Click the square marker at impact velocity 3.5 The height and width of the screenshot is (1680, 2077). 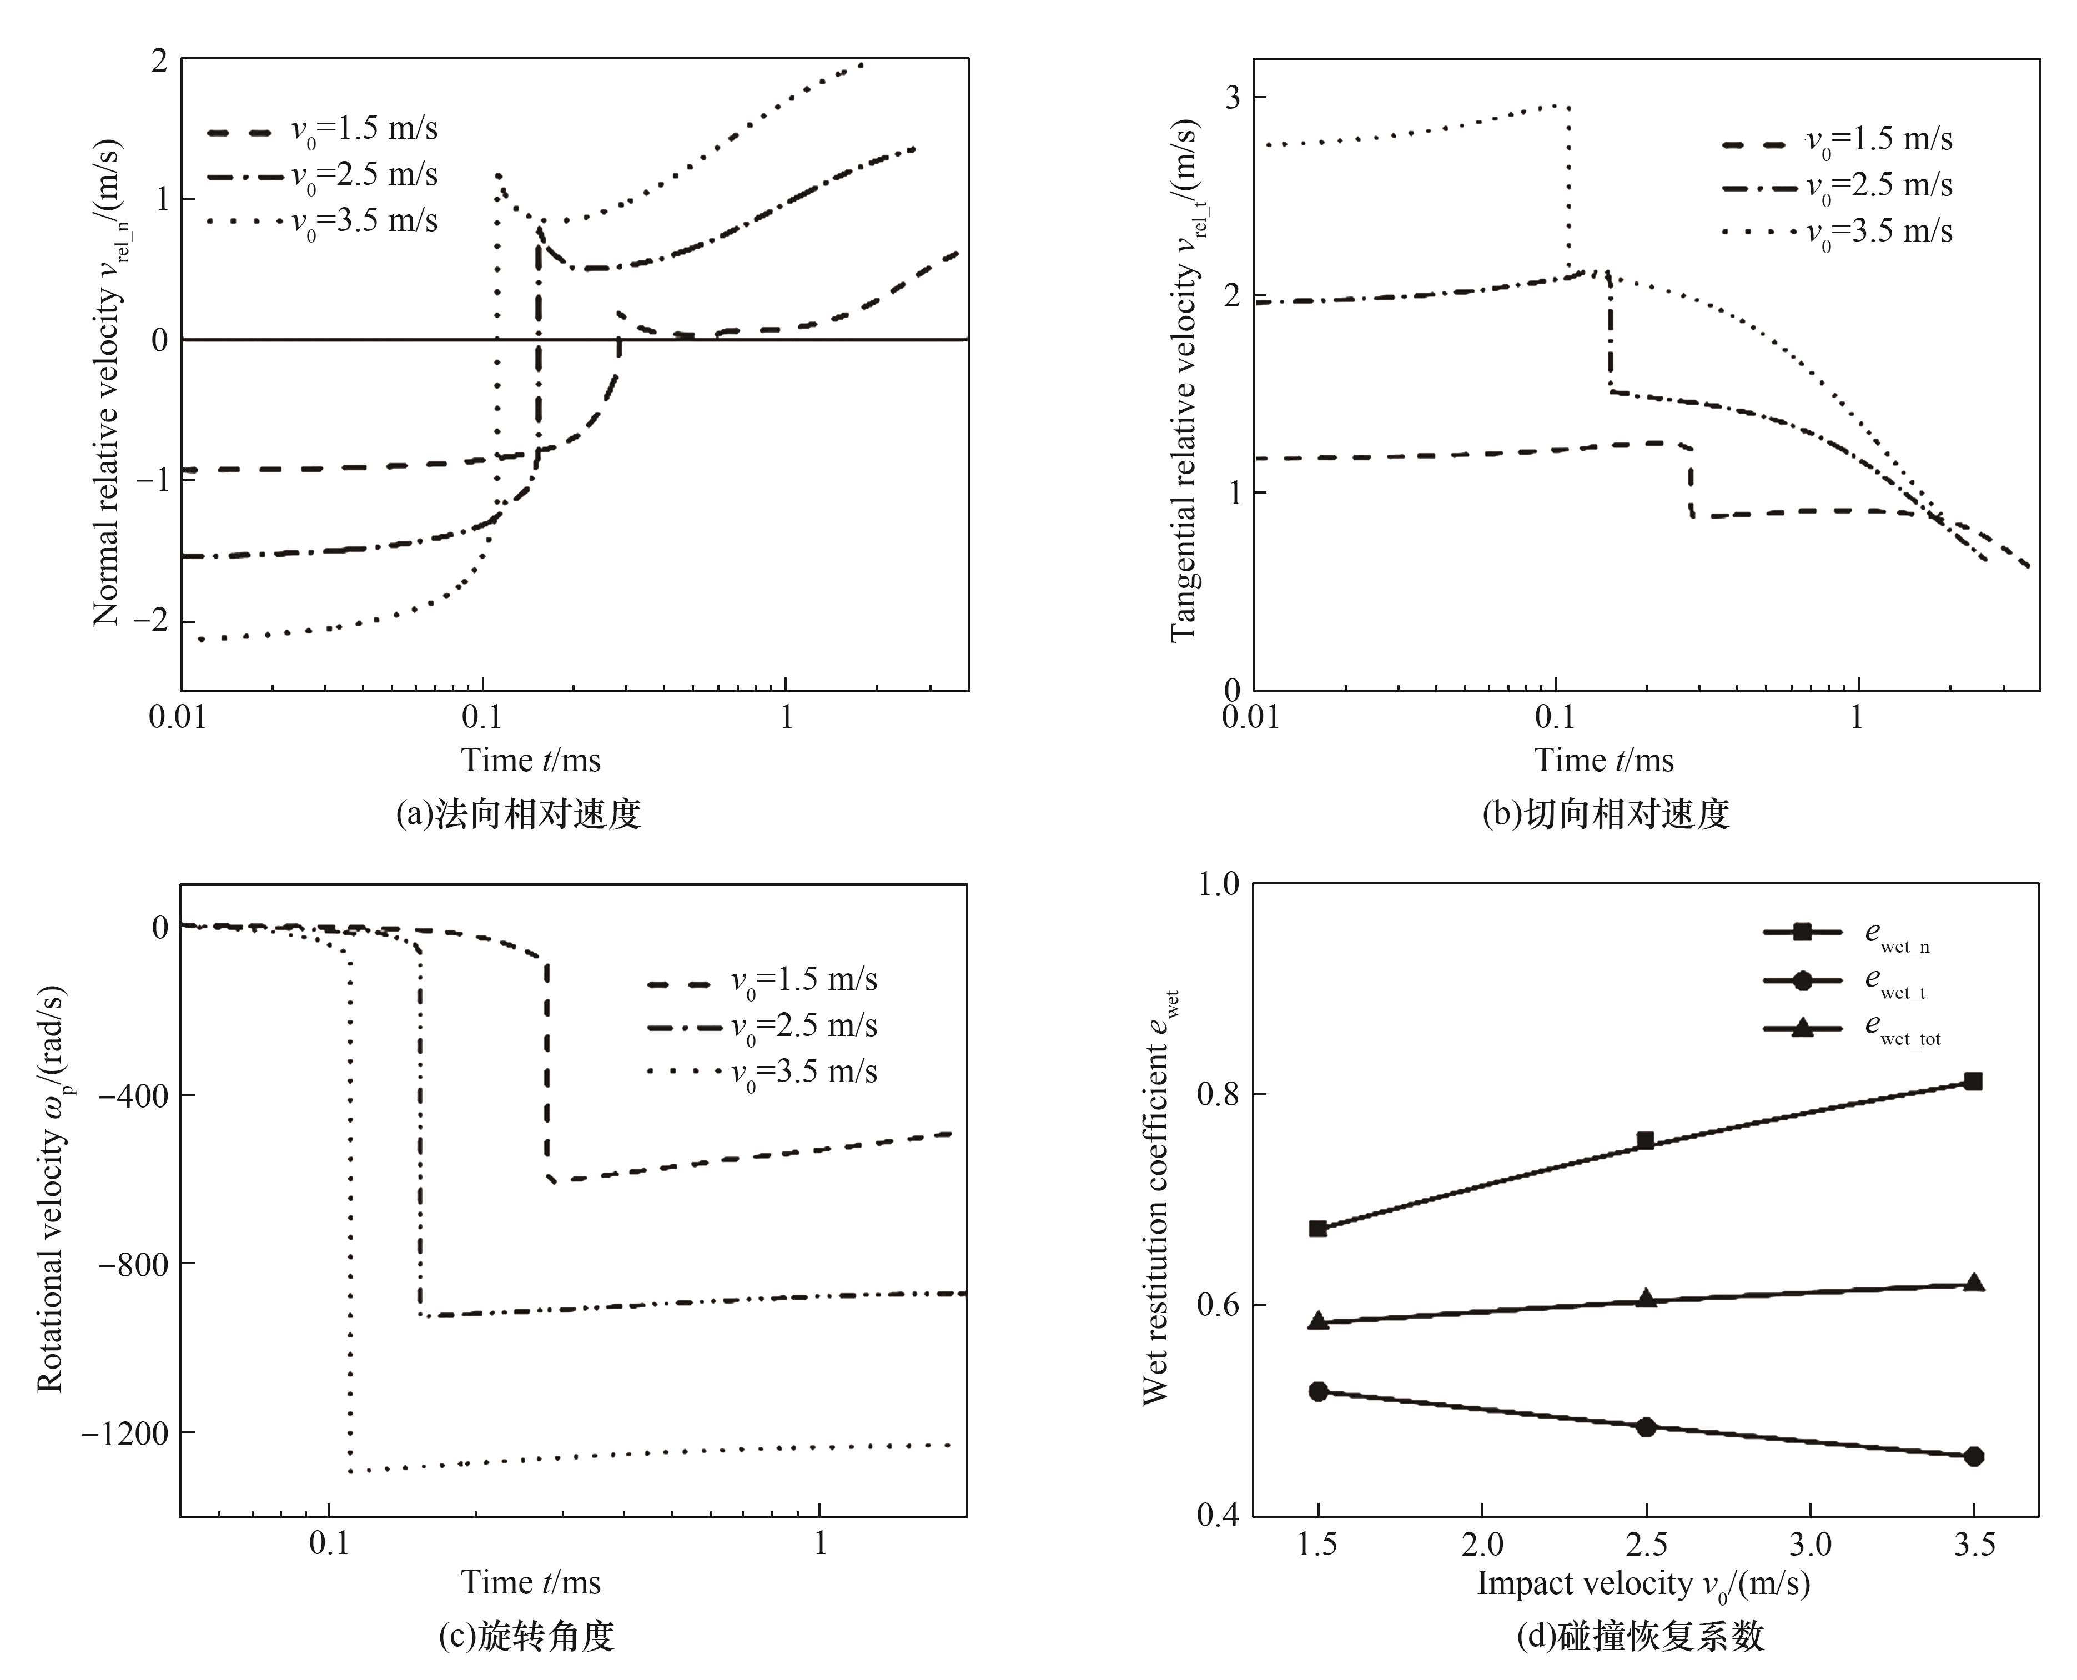1973,1081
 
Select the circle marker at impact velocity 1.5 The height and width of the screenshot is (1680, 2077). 1318,1391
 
